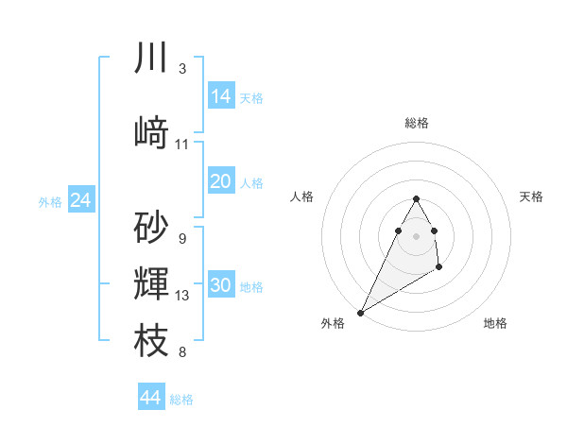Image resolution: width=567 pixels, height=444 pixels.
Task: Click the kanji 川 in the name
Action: coord(151,59)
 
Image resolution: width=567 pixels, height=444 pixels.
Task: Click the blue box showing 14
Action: coord(221,96)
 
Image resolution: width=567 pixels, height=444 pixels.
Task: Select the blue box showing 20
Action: coord(221,181)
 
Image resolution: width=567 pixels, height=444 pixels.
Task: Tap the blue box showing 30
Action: coord(221,286)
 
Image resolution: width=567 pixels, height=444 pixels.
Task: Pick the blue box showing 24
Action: coord(81,200)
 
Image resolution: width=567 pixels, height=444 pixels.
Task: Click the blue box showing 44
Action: coord(151,398)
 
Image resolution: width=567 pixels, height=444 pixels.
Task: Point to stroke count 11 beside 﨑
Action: coord(182,145)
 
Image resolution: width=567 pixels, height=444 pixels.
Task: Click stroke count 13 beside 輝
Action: coord(182,296)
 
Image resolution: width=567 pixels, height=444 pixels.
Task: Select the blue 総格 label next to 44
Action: coord(182,400)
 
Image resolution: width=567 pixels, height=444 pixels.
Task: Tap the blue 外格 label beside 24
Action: coord(50,202)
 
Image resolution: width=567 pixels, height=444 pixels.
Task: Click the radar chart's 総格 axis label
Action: coord(417,123)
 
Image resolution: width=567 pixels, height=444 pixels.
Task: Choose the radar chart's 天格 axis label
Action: coord(531,196)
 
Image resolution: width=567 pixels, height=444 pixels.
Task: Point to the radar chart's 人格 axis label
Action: coord(301,196)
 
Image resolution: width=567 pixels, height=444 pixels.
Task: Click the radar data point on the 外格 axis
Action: coord(360,311)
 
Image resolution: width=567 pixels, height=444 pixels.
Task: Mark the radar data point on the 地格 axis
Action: coord(438,268)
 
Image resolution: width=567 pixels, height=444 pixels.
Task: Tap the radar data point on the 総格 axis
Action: coord(417,198)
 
